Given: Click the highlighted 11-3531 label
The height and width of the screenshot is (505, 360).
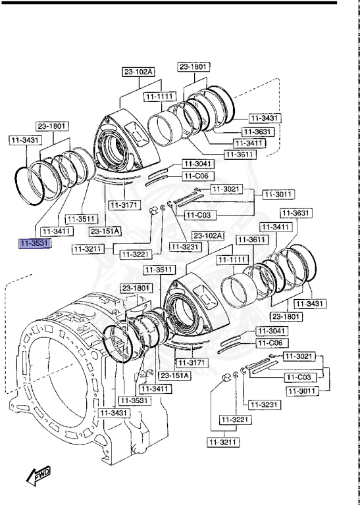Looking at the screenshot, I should point(34,244).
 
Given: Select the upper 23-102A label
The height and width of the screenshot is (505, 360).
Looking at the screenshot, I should point(138,72).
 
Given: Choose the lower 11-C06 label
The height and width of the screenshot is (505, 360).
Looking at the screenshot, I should point(270,343).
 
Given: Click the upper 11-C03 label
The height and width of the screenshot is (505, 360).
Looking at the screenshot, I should point(197,215).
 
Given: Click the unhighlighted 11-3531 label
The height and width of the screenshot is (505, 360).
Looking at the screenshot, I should point(134,399).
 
